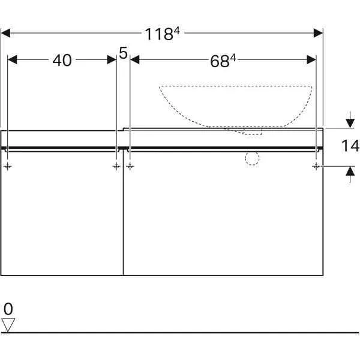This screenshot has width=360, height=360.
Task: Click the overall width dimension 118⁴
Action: tap(163, 34)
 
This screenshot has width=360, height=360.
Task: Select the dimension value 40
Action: tap(62, 61)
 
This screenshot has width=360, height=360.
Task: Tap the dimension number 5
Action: tap(123, 53)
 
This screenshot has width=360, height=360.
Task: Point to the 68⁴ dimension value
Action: tap(223, 61)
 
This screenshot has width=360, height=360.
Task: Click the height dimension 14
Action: tap(350, 146)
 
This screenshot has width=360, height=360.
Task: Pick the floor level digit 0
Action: tap(8, 309)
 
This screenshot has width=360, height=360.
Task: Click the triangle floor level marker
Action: tap(8, 325)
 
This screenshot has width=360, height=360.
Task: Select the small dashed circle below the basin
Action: tap(252, 158)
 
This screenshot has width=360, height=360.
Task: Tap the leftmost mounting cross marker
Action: tap(8, 166)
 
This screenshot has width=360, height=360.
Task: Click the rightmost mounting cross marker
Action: tap(316, 166)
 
